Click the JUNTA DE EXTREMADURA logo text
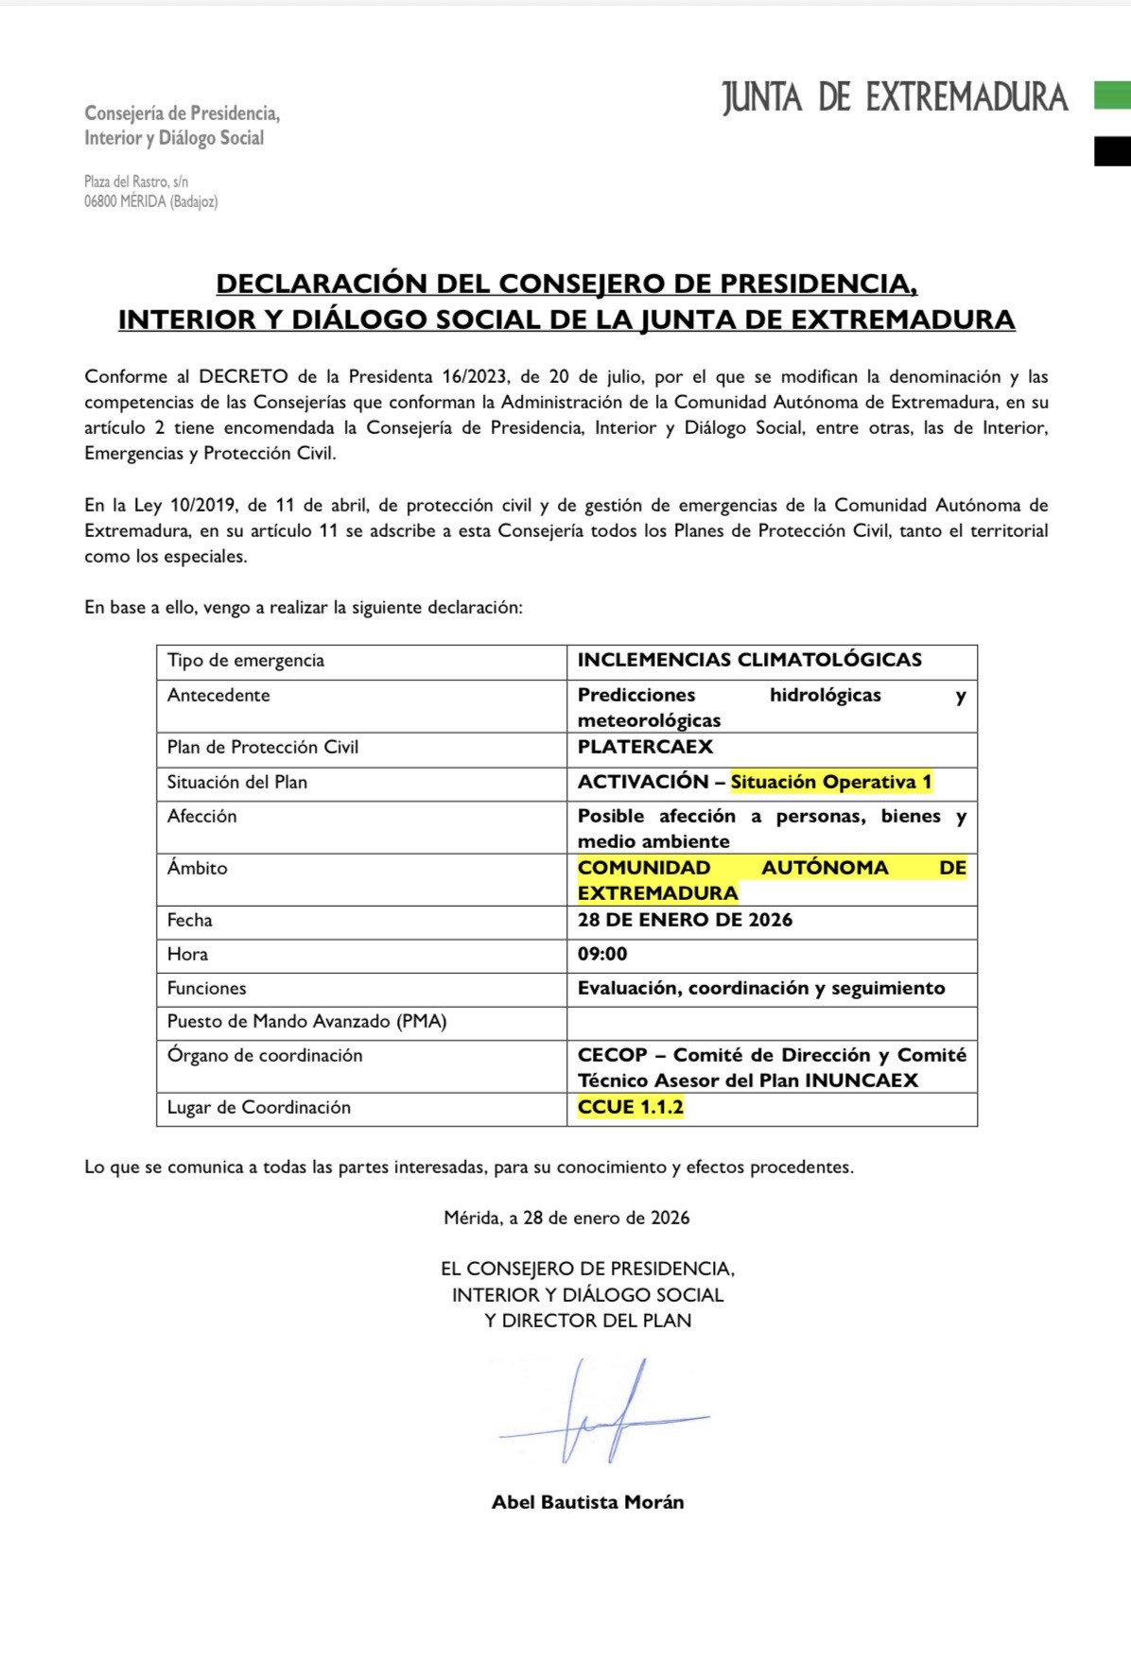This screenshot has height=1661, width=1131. pos(895,97)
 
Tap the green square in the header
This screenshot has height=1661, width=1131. pos(1112,95)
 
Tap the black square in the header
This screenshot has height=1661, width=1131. pos(1112,151)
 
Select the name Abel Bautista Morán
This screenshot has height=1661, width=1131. pos(587,1501)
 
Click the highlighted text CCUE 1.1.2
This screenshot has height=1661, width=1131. pos(630,1107)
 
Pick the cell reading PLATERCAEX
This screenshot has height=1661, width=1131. pos(645,747)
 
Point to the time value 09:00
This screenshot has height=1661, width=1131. pos(602,954)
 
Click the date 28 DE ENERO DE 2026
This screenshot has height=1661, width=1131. pos(685,920)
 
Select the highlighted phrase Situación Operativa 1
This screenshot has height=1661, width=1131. pos(831,782)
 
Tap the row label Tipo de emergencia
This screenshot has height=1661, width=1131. pos(246,661)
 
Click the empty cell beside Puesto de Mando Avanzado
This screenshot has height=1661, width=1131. pos(771,1022)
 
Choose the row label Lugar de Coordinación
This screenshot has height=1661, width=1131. pos(258,1107)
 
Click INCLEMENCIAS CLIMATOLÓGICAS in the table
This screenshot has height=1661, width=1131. pos(749,660)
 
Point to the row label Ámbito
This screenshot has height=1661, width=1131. pos(197,868)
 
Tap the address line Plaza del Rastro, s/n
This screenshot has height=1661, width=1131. pos(136,181)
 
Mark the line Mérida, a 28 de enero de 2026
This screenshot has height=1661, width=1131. pos(566,1218)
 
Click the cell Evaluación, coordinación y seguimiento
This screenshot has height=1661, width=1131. pos(761,988)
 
